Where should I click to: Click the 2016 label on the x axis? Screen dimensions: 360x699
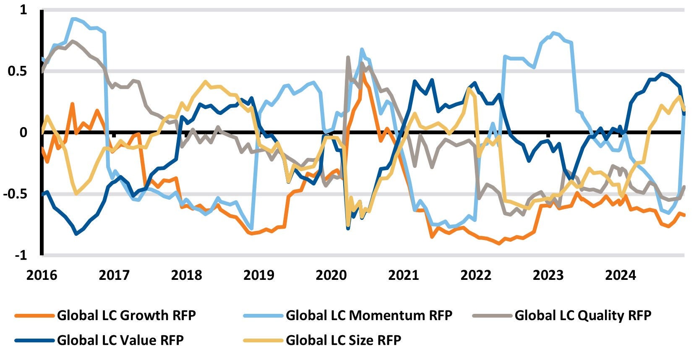coord(42,275)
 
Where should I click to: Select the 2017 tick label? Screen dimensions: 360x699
coord(114,275)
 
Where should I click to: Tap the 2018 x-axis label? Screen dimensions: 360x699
coord(186,275)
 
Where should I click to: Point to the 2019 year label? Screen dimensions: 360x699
coord(259,275)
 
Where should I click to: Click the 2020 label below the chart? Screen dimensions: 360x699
coord(331,275)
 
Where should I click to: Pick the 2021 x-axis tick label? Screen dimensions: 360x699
coord(404,275)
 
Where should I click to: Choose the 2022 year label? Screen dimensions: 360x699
coord(476,275)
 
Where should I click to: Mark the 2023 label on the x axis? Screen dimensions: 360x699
coord(548,275)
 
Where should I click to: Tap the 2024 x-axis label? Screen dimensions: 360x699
coord(621,275)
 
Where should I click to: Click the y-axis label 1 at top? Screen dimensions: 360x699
coord(23,10)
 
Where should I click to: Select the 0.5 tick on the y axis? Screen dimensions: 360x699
coord(17,71)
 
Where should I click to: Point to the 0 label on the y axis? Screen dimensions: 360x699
coord(23,132)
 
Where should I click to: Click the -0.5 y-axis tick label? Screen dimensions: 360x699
coord(15,194)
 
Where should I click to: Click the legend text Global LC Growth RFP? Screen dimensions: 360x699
coord(126,315)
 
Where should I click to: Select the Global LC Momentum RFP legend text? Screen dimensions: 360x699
coord(369,315)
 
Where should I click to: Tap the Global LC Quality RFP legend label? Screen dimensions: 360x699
coord(583,315)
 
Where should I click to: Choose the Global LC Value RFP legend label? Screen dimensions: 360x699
coord(120,340)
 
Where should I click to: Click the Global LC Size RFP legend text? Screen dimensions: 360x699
coord(343,340)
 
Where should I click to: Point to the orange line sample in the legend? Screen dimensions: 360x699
coord(34,316)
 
